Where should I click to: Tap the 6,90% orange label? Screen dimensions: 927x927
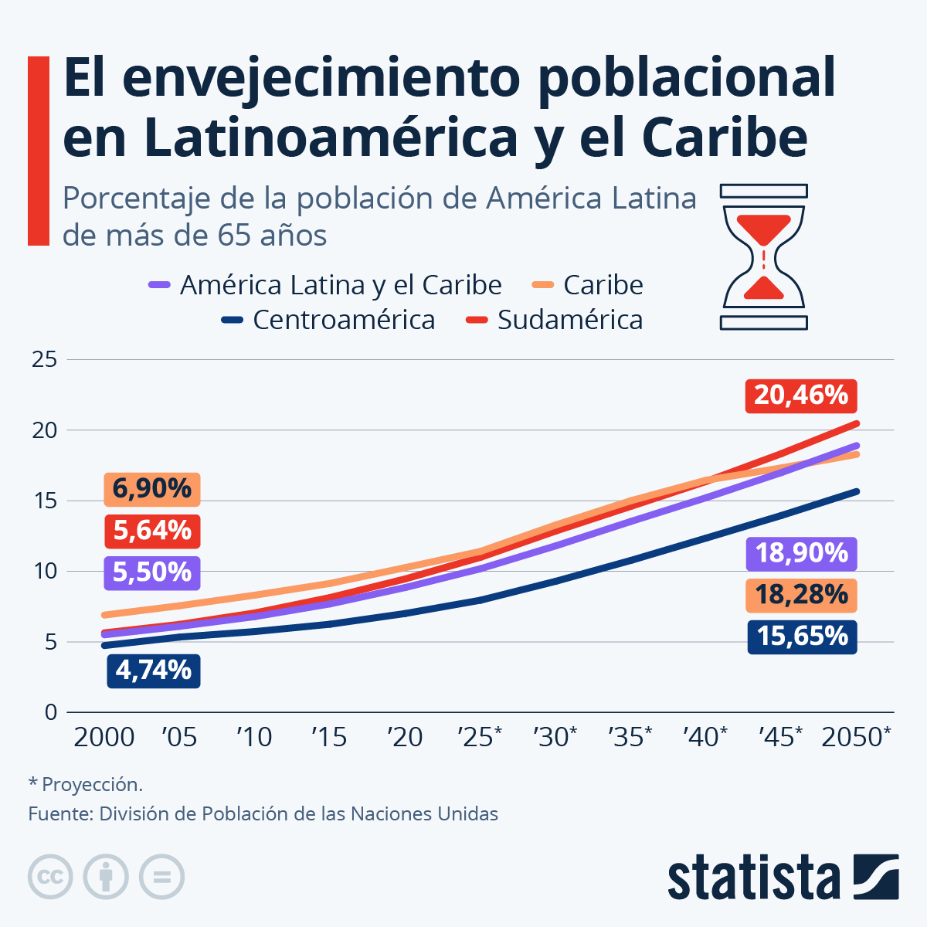pyautogui.click(x=152, y=489)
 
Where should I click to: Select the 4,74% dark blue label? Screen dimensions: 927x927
pyautogui.click(x=153, y=671)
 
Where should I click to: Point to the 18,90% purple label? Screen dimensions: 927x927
pyautogui.click(x=801, y=554)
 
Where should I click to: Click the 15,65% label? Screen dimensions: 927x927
pyautogui.click(x=801, y=637)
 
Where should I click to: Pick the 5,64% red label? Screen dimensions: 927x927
pyautogui.click(x=152, y=531)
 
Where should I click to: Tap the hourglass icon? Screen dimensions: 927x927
pyautogui.click(x=763, y=257)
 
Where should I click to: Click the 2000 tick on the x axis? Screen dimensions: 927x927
pyautogui.click(x=104, y=738)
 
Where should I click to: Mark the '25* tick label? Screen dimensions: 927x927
pyautogui.click(x=479, y=738)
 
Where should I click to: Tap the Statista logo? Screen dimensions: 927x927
pyautogui.click(x=783, y=878)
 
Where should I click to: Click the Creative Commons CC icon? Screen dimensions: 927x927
pyautogui.click(x=50, y=877)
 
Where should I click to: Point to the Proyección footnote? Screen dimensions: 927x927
pyautogui.click(x=86, y=785)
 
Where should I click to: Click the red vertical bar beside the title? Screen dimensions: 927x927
pyautogui.click(x=39, y=151)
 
